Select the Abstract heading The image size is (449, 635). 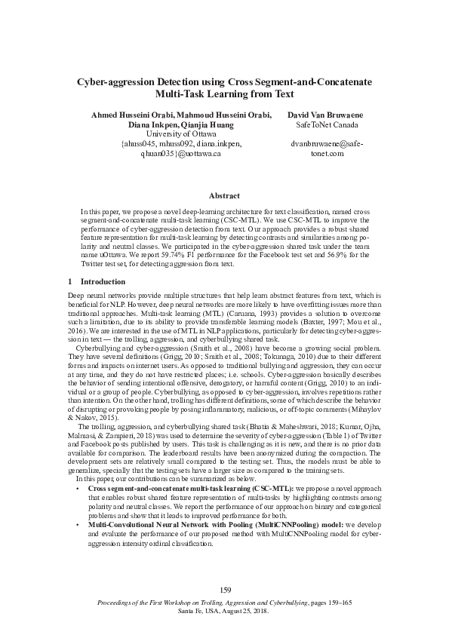click(224, 195)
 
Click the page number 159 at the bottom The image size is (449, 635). click(224, 589)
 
